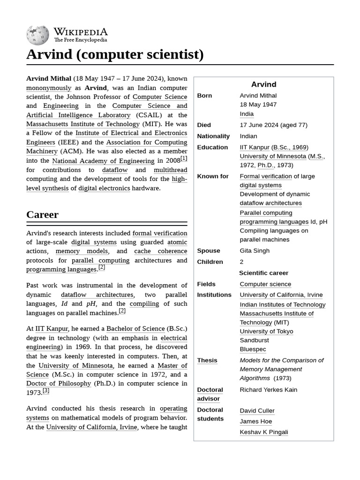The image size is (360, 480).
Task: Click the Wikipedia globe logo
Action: (38, 35)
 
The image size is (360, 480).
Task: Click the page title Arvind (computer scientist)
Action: (115, 54)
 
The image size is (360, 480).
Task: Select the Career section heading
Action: (42, 215)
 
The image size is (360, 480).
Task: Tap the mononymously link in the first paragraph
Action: (49, 88)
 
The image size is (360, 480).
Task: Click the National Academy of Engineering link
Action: (103, 161)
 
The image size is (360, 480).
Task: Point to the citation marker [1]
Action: (184, 158)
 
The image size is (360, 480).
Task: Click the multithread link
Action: (170, 170)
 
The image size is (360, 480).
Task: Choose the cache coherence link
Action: (160, 251)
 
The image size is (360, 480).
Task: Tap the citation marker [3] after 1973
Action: (45, 390)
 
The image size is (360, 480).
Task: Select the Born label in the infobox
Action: (204, 96)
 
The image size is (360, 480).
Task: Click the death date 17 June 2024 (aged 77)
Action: (273, 125)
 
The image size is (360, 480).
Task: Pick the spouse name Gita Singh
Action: (255, 251)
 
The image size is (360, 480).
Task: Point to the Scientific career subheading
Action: (263, 273)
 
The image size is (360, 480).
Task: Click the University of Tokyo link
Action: (266, 331)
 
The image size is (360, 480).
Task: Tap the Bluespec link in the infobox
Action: (253, 349)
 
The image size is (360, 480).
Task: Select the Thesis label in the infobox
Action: (207, 360)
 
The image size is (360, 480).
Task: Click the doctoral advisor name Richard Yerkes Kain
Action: (268, 390)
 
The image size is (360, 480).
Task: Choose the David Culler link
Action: (257, 411)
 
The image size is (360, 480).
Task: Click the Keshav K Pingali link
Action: (263, 432)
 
